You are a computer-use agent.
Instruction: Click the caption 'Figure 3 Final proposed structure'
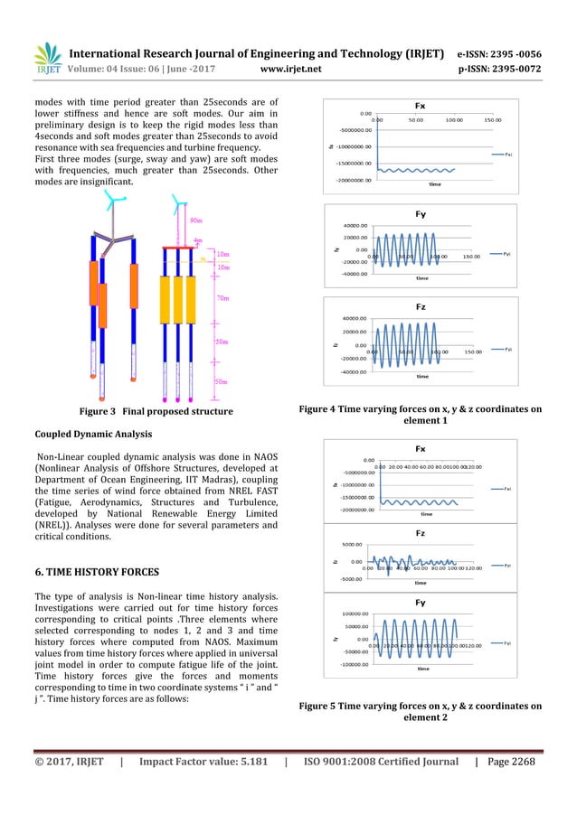click(x=156, y=411)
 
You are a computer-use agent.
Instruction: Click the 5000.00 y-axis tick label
click(x=353, y=545)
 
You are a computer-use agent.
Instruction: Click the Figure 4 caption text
click(x=420, y=415)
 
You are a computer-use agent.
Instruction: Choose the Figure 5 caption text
click(x=420, y=711)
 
